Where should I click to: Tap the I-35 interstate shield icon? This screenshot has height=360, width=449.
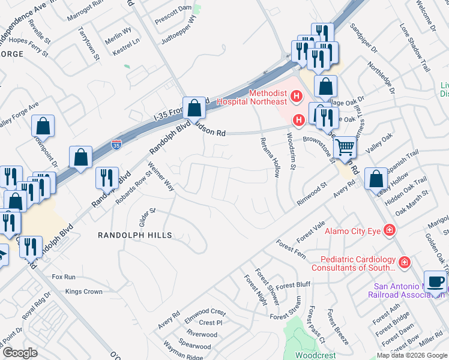pyautogui.click(x=116, y=145)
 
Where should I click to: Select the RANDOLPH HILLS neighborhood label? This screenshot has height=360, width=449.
pyautogui.click(x=135, y=236)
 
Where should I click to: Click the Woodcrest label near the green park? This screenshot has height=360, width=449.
pyautogui.click(x=316, y=355)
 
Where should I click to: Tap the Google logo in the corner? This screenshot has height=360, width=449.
pyautogui.click(x=20, y=353)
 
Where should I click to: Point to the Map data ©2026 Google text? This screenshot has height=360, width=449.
pyautogui.click(x=411, y=355)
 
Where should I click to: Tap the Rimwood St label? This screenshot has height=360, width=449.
pyautogui.click(x=315, y=194)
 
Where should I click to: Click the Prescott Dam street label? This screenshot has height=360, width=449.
pyautogui.click(x=173, y=8)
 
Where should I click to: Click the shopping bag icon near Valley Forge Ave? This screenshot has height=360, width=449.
pyautogui.click(x=43, y=126)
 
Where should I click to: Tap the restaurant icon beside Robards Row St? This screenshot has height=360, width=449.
pyautogui.click(x=103, y=177)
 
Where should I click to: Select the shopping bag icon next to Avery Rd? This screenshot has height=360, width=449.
pyautogui.click(x=375, y=178)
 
